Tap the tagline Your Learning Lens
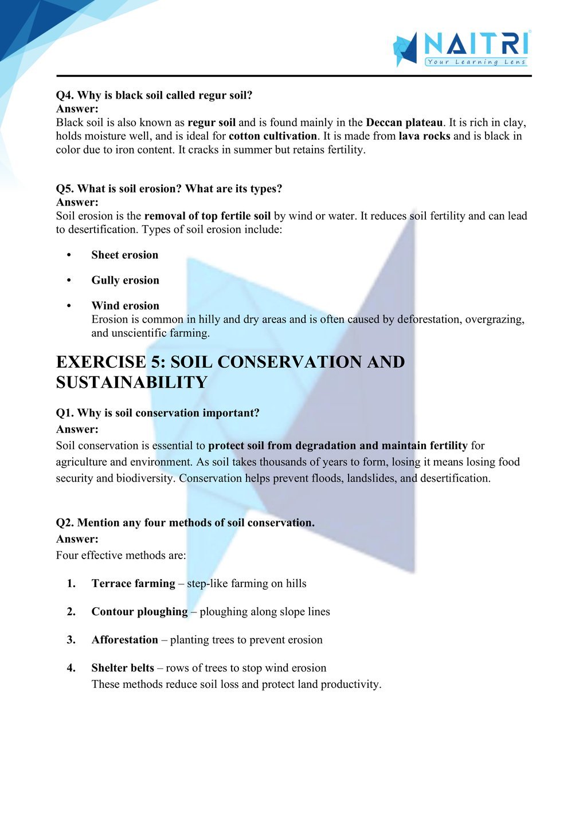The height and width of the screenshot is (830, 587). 476,62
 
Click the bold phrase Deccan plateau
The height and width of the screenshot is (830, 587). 404,123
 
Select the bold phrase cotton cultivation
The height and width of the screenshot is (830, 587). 273,136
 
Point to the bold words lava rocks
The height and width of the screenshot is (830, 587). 424,136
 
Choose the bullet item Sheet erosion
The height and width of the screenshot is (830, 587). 124,255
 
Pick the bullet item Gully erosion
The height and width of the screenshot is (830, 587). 125,281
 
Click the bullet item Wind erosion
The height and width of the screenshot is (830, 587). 125,306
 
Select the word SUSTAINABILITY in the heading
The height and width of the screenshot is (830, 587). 131,383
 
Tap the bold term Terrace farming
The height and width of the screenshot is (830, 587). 133,584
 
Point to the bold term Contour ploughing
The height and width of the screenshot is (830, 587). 139,612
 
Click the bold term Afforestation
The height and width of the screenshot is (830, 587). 124,640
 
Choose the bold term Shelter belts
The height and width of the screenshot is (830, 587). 123,668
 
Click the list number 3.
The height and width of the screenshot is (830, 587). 71,640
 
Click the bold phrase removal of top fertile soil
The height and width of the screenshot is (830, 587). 208,217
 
